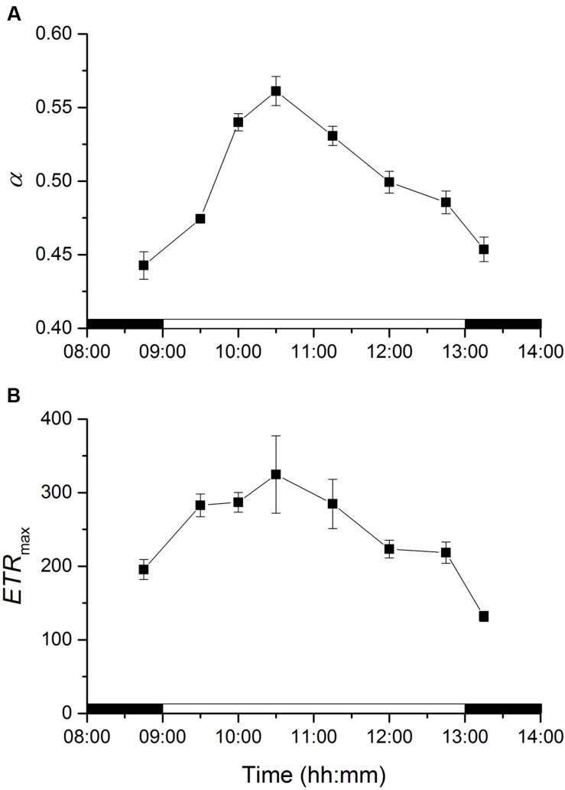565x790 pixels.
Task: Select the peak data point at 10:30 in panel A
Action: [276, 91]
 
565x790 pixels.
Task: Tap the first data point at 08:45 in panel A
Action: [144, 265]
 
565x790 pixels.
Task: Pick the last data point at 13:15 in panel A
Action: [484, 249]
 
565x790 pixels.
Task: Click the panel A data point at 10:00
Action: [238, 122]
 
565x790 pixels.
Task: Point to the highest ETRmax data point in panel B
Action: [276, 474]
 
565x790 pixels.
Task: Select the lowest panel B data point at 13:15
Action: [484, 616]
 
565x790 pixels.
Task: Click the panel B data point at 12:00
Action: [389, 549]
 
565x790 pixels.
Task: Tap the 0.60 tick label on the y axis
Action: [53, 34]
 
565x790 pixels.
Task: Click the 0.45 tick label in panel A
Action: [53, 255]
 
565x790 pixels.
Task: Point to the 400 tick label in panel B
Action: [58, 419]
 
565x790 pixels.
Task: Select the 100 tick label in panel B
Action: [58, 640]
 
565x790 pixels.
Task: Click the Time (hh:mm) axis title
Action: [313, 774]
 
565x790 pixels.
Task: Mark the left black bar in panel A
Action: [125, 323]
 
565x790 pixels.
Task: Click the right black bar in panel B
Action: [503, 707]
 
